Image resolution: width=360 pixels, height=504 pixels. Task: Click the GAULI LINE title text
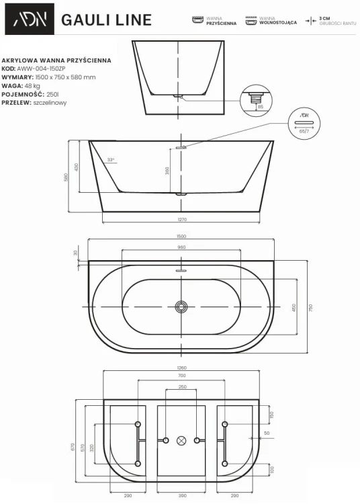(106, 20)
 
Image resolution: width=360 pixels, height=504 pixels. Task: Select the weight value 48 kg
(34, 85)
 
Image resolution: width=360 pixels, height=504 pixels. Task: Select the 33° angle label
(111, 159)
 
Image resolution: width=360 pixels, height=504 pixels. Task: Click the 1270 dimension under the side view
(181, 220)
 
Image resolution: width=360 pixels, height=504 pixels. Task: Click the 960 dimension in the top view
(181, 247)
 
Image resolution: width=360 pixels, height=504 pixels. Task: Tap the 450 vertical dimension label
(293, 307)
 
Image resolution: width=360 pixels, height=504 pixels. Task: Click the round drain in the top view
(180, 306)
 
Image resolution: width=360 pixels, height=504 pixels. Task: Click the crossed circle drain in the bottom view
(180, 441)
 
